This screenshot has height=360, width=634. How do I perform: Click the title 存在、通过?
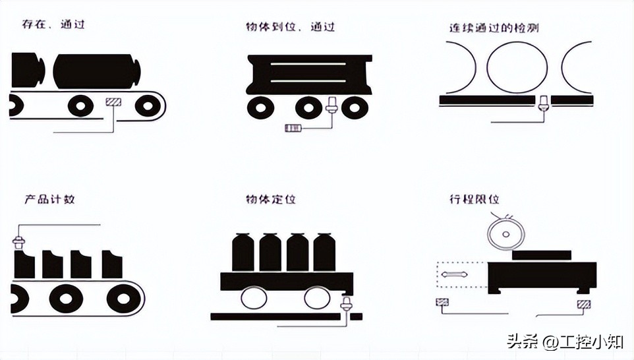point(53,26)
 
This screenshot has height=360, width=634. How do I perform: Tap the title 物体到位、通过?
point(290,27)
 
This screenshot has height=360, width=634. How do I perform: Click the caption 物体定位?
point(272,198)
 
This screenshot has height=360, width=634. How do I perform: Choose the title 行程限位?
point(473,199)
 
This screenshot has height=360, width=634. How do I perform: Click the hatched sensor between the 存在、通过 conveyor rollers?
point(113,103)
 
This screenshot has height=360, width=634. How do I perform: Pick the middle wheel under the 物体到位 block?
point(308,107)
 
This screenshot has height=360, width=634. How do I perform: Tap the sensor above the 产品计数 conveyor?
point(19,241)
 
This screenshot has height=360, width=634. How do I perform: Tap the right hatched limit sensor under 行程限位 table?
point(583,304)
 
